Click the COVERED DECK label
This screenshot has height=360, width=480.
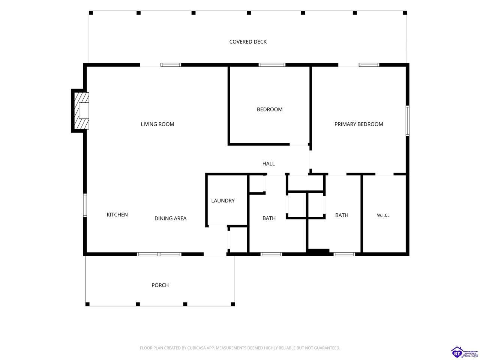(248, 42)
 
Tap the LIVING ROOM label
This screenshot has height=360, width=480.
(157, 124)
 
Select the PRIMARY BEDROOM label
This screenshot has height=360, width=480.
(358, 124)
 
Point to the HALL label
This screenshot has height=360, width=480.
(268, 163)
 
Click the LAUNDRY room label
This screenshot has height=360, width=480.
(223, 200)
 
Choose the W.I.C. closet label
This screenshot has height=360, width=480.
(383, 215)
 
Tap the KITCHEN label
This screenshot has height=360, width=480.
(117, 214)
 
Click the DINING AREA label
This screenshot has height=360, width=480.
(170, 218)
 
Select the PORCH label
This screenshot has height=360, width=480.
(160, 285)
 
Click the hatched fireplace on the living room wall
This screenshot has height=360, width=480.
(82, 111)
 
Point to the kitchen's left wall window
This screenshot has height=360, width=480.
(85, 205)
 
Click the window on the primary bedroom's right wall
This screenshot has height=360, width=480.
(407, 121)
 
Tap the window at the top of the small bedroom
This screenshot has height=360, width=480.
(272, 65)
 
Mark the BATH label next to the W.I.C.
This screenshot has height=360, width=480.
(342, 215)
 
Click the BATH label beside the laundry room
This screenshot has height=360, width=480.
(269, 218)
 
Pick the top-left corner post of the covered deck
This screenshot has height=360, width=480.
(91, 13)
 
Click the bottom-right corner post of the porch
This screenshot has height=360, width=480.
(233, 304)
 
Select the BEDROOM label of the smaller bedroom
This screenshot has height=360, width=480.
(270, 109)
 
